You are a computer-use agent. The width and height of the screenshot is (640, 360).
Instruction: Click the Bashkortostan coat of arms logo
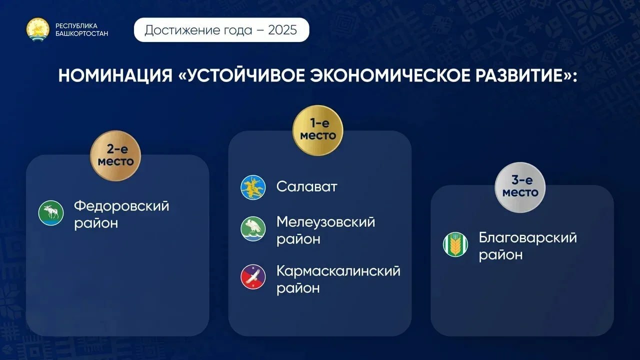tap(38, 29)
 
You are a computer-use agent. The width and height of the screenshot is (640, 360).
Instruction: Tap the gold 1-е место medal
tap(318, 130)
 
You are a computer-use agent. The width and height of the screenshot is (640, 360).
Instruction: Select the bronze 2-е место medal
tap(115, 155)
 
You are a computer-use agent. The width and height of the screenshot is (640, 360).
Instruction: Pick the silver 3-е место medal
tap(520, 187)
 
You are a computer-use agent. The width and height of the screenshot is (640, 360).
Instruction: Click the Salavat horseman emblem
tap(253, 187)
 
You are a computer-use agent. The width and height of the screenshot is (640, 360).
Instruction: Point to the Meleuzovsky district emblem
tap(253, 229)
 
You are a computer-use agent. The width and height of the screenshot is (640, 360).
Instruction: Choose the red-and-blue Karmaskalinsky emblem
tap(253, 277)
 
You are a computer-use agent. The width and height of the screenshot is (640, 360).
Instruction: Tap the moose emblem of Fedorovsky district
tap(51, 213)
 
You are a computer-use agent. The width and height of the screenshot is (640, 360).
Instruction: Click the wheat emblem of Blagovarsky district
tap(455, 244)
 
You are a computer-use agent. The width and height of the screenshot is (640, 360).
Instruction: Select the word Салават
tap(307, 187)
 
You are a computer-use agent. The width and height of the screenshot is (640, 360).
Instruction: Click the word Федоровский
tap(121, 206)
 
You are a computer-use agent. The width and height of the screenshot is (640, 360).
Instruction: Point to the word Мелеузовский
tap(325, 221)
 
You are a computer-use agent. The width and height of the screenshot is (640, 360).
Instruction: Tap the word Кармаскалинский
tap(338, 271)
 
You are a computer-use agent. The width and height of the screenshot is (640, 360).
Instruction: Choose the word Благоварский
tap(527, 237)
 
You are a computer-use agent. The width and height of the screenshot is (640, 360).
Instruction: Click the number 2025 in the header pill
tap(282, 30)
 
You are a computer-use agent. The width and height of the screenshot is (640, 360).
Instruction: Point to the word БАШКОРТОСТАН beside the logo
tap(81, 33)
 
